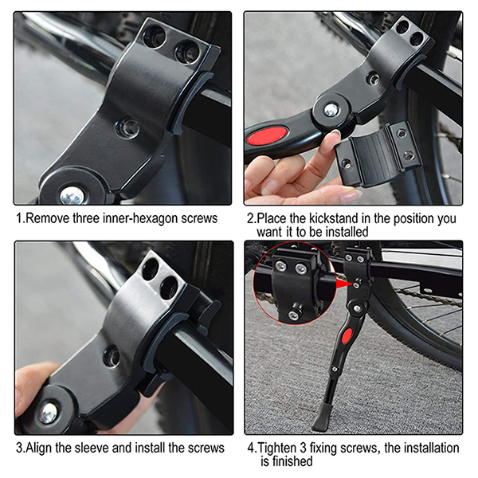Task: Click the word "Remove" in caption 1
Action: click(48, 218)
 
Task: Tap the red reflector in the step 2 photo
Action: click(267, 135)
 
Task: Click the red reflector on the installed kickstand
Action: click(347, 335)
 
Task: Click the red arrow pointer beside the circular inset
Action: click(345, 284)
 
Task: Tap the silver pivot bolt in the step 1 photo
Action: click(72, 195)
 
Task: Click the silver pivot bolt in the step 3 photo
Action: click(48, 413)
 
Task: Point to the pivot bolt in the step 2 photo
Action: click(331, 110)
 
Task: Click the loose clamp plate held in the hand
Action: click(378, 155)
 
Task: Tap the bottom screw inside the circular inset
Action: click(293, 315)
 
